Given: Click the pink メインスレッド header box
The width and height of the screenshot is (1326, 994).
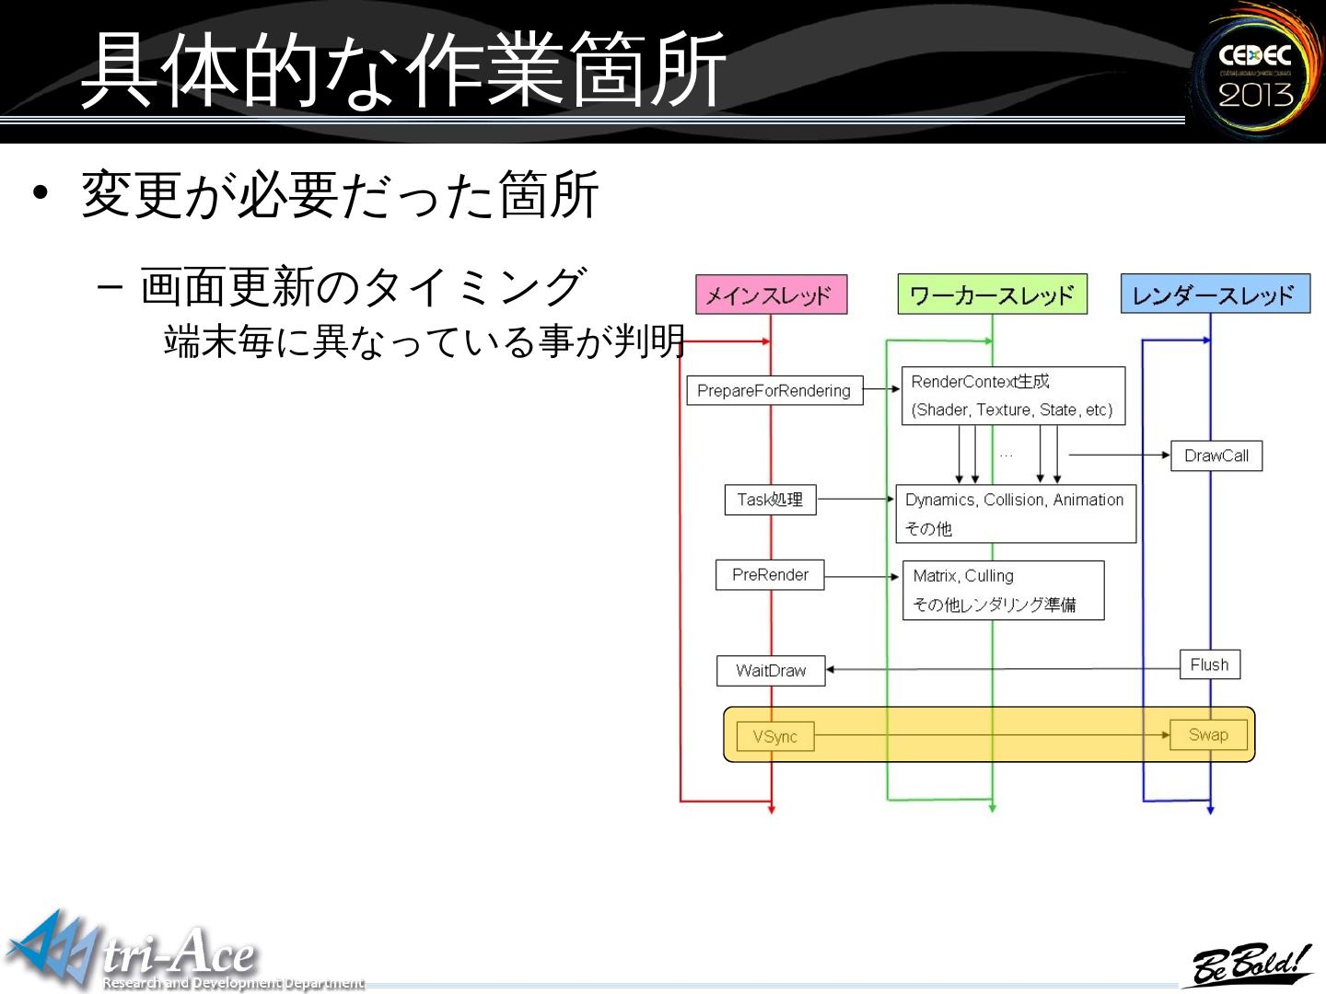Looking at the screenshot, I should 771,295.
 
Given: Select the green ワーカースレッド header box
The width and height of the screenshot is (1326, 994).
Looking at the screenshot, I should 992,295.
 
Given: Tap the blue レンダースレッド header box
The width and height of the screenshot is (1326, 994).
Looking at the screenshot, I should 1215,295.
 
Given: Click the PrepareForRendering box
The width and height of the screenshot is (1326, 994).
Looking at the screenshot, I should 773,390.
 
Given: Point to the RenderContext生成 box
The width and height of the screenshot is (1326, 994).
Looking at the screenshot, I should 1013,396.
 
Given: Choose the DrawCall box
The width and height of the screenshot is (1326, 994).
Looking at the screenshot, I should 1215,456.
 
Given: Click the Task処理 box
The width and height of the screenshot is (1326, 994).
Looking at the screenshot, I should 770,500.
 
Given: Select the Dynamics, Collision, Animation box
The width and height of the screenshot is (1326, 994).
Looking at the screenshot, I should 1015,514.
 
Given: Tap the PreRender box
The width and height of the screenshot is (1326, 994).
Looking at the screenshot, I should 770,575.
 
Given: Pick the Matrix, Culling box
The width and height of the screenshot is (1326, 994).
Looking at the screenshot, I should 1003,590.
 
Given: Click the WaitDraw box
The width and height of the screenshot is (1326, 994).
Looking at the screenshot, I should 771,671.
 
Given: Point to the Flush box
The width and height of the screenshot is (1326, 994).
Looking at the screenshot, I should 1209,665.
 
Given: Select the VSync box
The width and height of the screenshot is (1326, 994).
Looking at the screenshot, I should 775,736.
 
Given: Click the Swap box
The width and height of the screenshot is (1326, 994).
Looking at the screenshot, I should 1208,734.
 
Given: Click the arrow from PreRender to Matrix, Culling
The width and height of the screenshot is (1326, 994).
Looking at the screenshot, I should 863,576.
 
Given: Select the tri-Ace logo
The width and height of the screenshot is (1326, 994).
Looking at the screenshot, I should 138,953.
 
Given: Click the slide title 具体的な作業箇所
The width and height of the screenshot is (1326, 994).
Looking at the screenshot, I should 403,69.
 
